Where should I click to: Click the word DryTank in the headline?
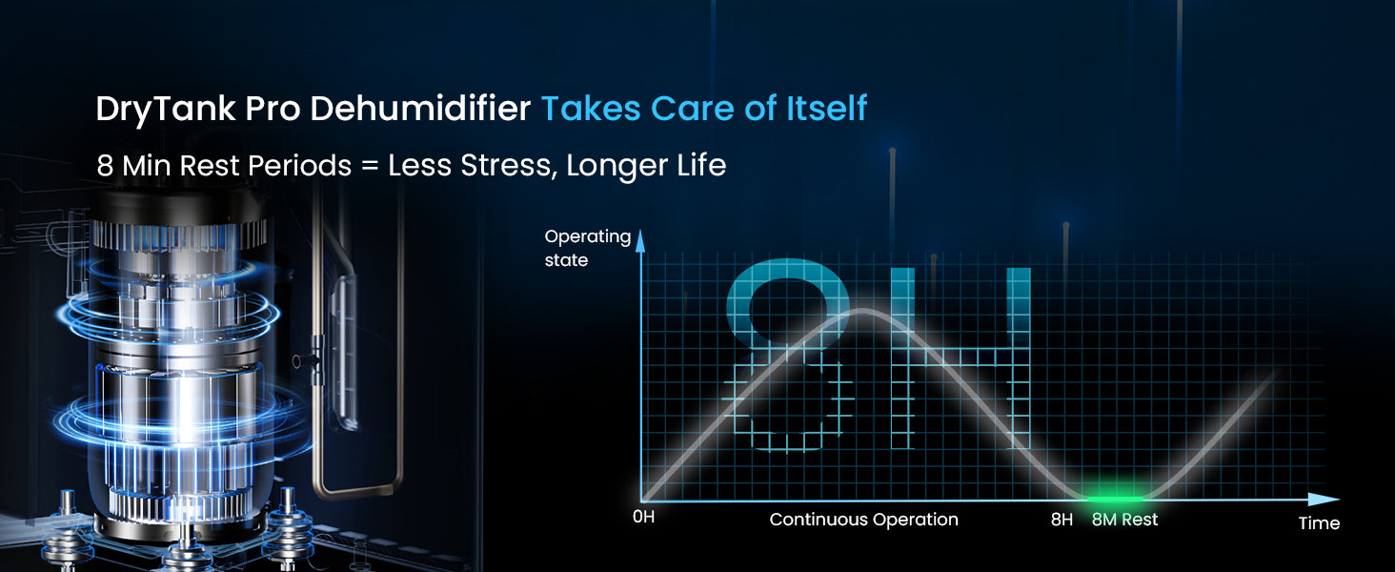[x=166, y=110]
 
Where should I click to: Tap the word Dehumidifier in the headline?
[x=420, y=109]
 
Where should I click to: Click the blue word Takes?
[x=591, y=109]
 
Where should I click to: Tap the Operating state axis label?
[x=587, y=248]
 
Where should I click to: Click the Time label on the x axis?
[x=1319, y=523]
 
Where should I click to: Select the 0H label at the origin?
[x=643, y=517]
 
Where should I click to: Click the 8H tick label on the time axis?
[x=1061, y=520]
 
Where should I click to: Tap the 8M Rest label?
[x=1124, y=520]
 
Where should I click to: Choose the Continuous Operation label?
[x=864, y=520]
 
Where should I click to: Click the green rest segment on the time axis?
[x=1116, y=500]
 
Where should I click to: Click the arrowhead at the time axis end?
[x=1324, y=500]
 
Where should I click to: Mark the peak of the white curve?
[x=863, y=310]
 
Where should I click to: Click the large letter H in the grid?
[x=960, y=358]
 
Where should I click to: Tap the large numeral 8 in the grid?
[x=788, y=356]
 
